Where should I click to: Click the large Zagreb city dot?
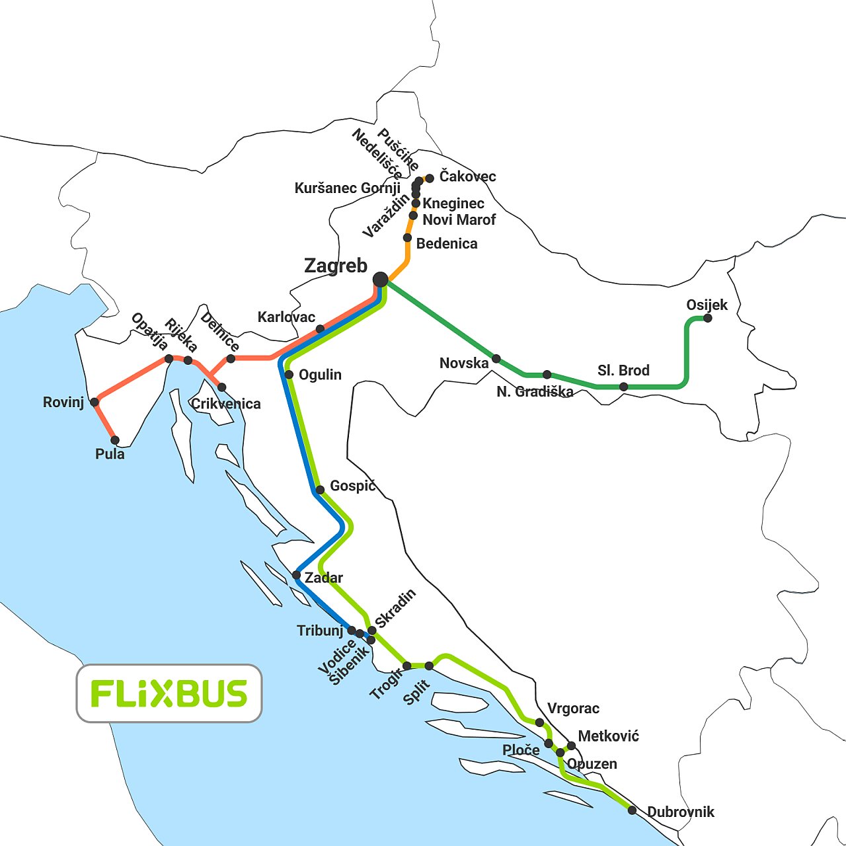[380, 280]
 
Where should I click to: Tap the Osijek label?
[707, 305]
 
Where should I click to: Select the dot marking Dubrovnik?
[632, 810]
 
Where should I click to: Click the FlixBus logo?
[169, 693]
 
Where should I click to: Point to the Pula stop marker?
[115, 440]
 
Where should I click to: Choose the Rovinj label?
[63, 403]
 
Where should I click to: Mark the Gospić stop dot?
[320, 490]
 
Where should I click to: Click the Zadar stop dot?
[296, 575]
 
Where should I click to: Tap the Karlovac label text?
[286, 317]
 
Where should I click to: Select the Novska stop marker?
[496, 359]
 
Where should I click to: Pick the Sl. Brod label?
[623, 371]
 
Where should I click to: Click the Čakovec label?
[467, 176]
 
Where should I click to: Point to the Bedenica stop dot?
[408, 238]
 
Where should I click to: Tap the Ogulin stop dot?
[289, 375]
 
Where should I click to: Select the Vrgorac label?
[573, 709]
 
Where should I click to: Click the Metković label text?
[608, 736]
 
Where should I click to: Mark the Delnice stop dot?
[231, 359]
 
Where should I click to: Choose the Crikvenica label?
[225, 404]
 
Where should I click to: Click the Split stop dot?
[429, 666]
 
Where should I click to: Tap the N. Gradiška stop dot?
[547, 375]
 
